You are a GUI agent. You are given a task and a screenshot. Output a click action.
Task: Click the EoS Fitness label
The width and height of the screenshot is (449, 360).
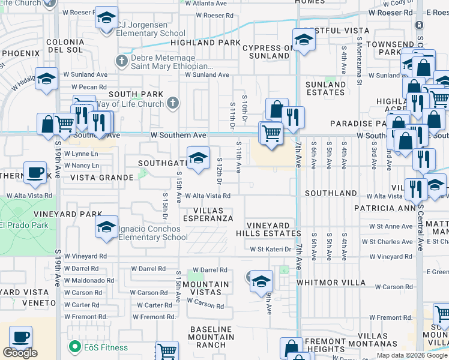(x=106, y=347)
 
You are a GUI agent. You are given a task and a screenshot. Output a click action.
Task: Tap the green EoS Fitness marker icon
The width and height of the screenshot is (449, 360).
(x=75, y=347)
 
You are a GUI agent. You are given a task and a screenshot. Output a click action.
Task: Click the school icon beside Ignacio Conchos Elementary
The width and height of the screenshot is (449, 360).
(x=106, y=227)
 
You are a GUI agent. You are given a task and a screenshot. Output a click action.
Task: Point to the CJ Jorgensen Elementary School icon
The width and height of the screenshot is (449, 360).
(x=106, y=19)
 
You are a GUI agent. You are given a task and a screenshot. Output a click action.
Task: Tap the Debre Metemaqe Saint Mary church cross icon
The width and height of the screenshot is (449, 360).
(x=122, y=61)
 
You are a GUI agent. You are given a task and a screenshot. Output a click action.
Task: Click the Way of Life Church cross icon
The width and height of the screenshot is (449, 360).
(x=173, y=103)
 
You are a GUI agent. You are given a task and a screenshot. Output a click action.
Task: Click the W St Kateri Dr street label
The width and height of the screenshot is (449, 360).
(x=271, y=249)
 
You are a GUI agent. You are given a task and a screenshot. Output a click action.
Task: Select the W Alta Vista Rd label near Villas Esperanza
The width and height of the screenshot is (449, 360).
(x=208, y=196)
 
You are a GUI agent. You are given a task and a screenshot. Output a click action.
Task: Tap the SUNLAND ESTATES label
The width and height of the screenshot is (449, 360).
(x=326, y=89)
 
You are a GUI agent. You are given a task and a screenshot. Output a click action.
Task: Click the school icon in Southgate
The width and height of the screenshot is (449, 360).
(x=198, y=158)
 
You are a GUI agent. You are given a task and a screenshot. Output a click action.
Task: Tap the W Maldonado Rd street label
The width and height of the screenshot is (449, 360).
(x=89, y=281)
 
